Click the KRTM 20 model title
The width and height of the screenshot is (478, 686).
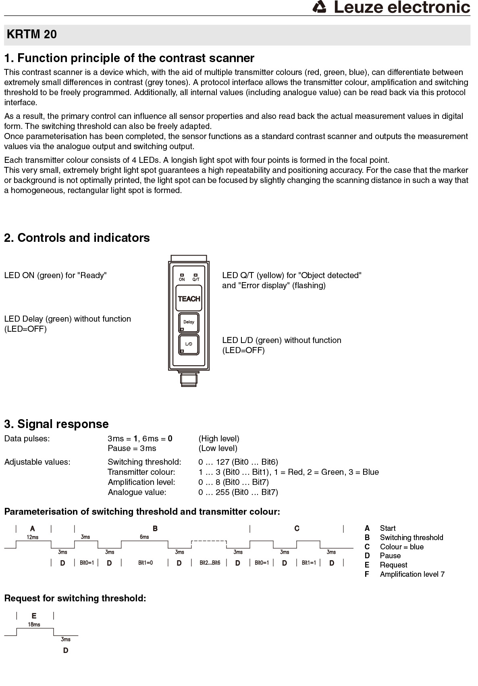[32, 35]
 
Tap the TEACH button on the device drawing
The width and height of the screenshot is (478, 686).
[189, 299]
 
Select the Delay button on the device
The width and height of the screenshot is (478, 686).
[189, 322]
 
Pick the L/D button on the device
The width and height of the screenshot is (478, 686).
[189, 344]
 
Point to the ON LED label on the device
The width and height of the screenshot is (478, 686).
[182, 279]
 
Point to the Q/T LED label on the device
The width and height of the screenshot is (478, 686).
[196, 279]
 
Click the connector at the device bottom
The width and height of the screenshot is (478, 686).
[189, 379]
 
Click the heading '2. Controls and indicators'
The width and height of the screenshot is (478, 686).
[77, 238]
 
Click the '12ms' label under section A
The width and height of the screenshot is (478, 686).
[33, 537]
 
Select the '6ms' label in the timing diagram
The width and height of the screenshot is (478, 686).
[144, 537]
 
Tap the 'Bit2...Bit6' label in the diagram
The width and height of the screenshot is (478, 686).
[210, 563]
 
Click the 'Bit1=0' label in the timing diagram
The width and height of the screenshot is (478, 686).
[145, 563]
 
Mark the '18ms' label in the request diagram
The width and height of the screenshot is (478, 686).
[34, 624]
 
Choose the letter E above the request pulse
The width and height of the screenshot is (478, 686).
[34, 615]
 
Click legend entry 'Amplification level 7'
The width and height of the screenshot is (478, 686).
[412, 574]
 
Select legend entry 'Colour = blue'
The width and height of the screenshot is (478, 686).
[401, 547]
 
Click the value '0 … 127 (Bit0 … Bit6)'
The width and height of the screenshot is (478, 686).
[238, 462]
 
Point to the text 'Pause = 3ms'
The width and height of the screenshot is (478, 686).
[132, 448]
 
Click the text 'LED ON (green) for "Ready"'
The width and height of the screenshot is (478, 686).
[55, 275]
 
